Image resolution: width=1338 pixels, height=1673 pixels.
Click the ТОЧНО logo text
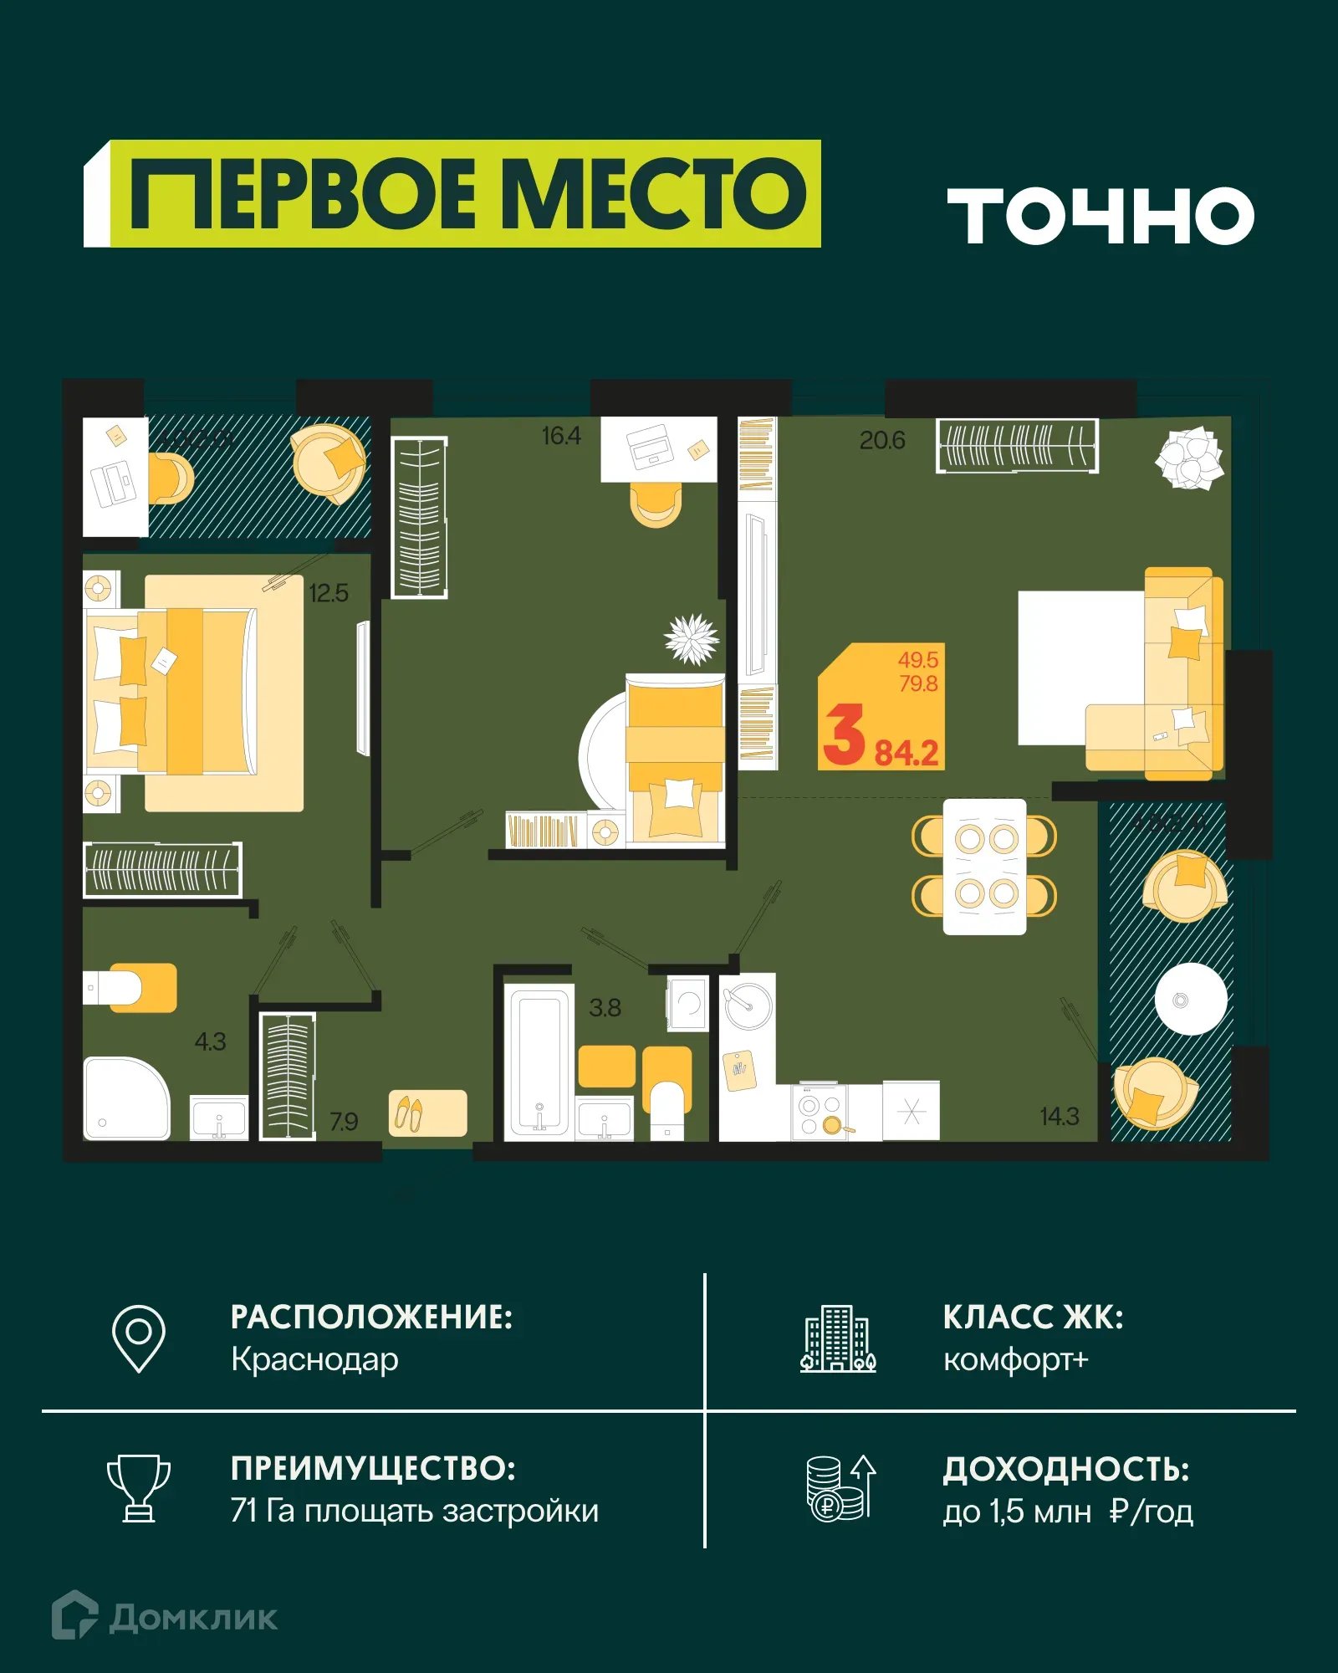1101,216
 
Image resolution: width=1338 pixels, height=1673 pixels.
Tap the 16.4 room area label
560,436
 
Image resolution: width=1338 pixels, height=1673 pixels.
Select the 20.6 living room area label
882,440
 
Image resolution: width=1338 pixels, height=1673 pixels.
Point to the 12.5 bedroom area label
328,593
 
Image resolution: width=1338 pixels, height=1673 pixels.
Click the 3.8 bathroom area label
605,1008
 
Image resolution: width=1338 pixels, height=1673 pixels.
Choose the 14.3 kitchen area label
1059,1116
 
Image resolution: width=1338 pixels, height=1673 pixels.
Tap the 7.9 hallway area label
344,1121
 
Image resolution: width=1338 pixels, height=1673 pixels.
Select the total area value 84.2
906,753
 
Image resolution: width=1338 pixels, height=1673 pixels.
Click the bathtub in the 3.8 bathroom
539,1061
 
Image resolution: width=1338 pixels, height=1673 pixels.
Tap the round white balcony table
1191,999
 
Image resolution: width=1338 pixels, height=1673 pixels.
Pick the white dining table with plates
984,867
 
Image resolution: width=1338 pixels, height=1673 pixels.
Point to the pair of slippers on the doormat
409,1113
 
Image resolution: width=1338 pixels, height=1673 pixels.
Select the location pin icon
139,1338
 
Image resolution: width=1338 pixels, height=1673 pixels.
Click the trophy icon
139,1488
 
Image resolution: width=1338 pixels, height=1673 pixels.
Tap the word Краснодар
314,1359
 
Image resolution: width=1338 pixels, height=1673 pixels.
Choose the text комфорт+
1015,1359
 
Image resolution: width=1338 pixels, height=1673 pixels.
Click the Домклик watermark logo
165,1617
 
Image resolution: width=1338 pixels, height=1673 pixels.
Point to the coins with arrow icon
840,1488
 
